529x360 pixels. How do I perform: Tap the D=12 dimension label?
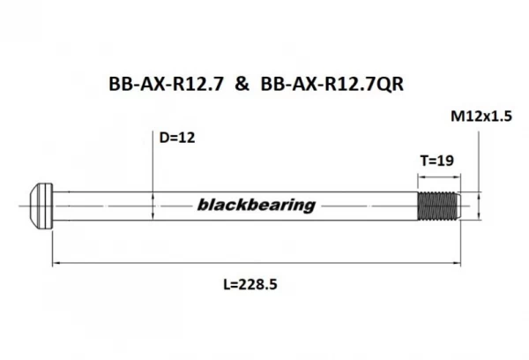[x=175, y=139]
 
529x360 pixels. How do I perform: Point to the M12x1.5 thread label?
[x=481, y=116]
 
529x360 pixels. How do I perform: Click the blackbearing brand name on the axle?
[x=252, y=206]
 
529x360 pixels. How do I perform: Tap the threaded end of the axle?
[x=437, y=205]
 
